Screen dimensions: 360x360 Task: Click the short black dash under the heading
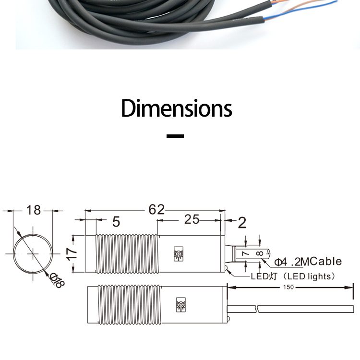coord(175,136)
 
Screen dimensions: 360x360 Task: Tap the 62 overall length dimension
coord(156,209)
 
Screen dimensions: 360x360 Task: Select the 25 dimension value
coord(192,219)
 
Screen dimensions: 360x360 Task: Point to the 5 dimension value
coord(116,222)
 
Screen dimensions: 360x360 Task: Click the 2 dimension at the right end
coord(241,222)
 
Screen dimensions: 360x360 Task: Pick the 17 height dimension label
coord(72,254)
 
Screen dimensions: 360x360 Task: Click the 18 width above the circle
coord(33,210)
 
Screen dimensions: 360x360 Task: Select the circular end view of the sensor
coord(32,253)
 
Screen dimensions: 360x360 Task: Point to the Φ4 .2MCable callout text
coord(308,262)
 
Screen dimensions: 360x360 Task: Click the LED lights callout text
coord(293,276)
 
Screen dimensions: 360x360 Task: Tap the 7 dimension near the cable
coord(245,252)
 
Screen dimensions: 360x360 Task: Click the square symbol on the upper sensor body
coord(179,254)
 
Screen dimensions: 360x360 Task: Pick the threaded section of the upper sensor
coord(127,254)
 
